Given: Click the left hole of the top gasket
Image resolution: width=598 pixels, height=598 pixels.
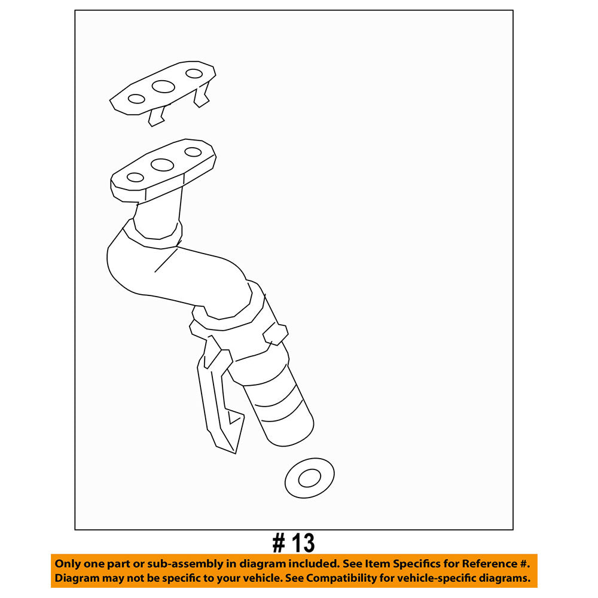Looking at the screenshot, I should [x=136, y=99].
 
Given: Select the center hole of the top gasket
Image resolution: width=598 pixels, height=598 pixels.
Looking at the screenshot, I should [x=163, y=87].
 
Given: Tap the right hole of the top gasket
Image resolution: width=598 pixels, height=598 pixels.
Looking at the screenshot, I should [x=194, y=74].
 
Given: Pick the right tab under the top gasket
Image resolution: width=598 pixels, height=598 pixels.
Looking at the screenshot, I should [x=202, y=96].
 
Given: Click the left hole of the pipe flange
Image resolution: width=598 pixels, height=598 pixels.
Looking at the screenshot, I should [x=136, y=177].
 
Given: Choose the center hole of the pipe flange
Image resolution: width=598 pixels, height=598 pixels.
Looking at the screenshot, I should [x=162, y=164].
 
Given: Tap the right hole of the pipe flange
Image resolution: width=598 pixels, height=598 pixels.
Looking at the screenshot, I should [x=193, y=152].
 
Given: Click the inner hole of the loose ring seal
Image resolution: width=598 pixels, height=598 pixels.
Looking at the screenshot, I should [x=309, y=478].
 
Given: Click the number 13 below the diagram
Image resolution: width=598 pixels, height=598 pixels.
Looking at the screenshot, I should [x=303, y=543].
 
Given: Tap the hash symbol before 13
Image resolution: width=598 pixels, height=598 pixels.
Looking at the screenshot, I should [x=279, y=543].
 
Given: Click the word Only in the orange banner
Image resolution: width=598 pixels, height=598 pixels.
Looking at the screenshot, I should [x=67, y=564].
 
